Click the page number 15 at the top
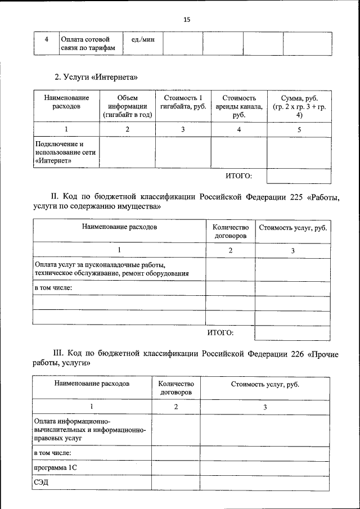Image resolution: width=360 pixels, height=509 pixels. [187, 20]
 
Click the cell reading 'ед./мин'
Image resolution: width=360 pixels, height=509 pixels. [142, 39]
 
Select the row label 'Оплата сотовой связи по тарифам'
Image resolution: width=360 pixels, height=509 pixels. [88, 44]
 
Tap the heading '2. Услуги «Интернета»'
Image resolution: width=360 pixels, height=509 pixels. [96, 76]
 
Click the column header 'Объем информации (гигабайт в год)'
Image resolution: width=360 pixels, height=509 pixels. [127, 106]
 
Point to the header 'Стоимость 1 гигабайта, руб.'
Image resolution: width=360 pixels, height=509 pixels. [183, 102]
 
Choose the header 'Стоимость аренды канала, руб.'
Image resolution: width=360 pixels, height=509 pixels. [239, 106]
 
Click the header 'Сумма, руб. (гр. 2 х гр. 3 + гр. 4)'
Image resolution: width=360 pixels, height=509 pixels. [299, 106]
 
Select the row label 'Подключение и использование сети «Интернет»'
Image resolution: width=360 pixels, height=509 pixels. [65, 152]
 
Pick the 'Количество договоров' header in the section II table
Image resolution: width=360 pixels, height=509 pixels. [231, 231]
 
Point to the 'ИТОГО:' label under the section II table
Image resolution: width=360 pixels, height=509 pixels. [220, 332]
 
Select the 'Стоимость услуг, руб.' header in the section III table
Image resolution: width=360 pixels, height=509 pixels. [265, 384]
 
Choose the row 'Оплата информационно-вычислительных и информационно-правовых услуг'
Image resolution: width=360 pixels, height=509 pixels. [89, 429]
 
